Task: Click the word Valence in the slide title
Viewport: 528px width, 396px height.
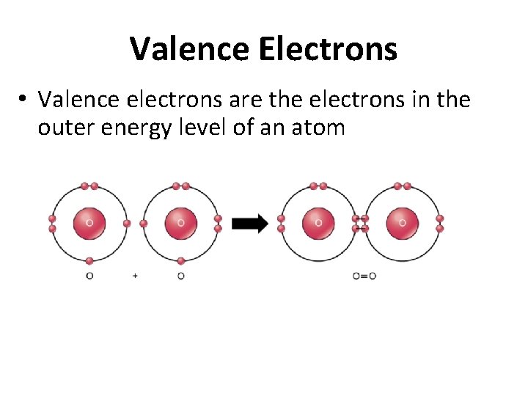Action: (190, 49)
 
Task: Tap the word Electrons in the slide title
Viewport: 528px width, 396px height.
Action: (327, 49)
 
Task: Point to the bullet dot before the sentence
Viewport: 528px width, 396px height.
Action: (24, 99)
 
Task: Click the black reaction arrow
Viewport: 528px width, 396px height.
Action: (250, 224)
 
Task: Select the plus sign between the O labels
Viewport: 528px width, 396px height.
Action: (135, 276)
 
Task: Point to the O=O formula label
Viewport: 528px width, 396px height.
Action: (364, 276)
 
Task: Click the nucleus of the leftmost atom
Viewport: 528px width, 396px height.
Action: (89, 223)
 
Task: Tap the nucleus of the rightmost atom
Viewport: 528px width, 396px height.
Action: (402, 223)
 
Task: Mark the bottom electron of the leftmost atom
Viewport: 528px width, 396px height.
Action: (89, 260)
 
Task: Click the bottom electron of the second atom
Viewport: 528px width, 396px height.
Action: (181, 260)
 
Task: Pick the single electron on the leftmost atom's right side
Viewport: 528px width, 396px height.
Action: (127, 223)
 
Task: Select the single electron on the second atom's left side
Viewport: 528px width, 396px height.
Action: (144, 223)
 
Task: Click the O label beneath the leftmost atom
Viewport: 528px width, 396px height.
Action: (89, 276)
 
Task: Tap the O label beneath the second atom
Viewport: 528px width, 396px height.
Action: (181, 276)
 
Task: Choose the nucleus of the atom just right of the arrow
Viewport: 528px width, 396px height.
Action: (318, 223)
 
